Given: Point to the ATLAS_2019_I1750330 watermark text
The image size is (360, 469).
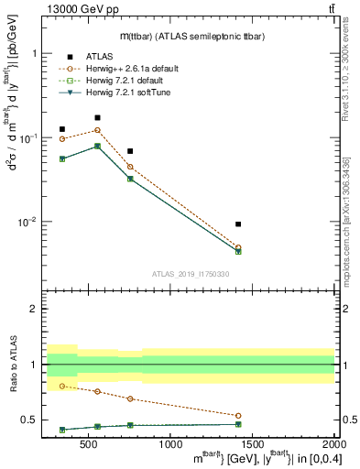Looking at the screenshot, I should point(191,274).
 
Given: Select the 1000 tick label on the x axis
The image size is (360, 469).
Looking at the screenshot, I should point(170,445).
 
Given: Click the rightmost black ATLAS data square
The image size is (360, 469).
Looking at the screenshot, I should point(238,224).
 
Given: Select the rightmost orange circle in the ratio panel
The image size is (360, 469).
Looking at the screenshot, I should point(238,415).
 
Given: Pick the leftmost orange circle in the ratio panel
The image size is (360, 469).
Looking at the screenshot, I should point(62,386).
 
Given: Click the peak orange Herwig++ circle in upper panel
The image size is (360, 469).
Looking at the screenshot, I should point(97,130).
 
